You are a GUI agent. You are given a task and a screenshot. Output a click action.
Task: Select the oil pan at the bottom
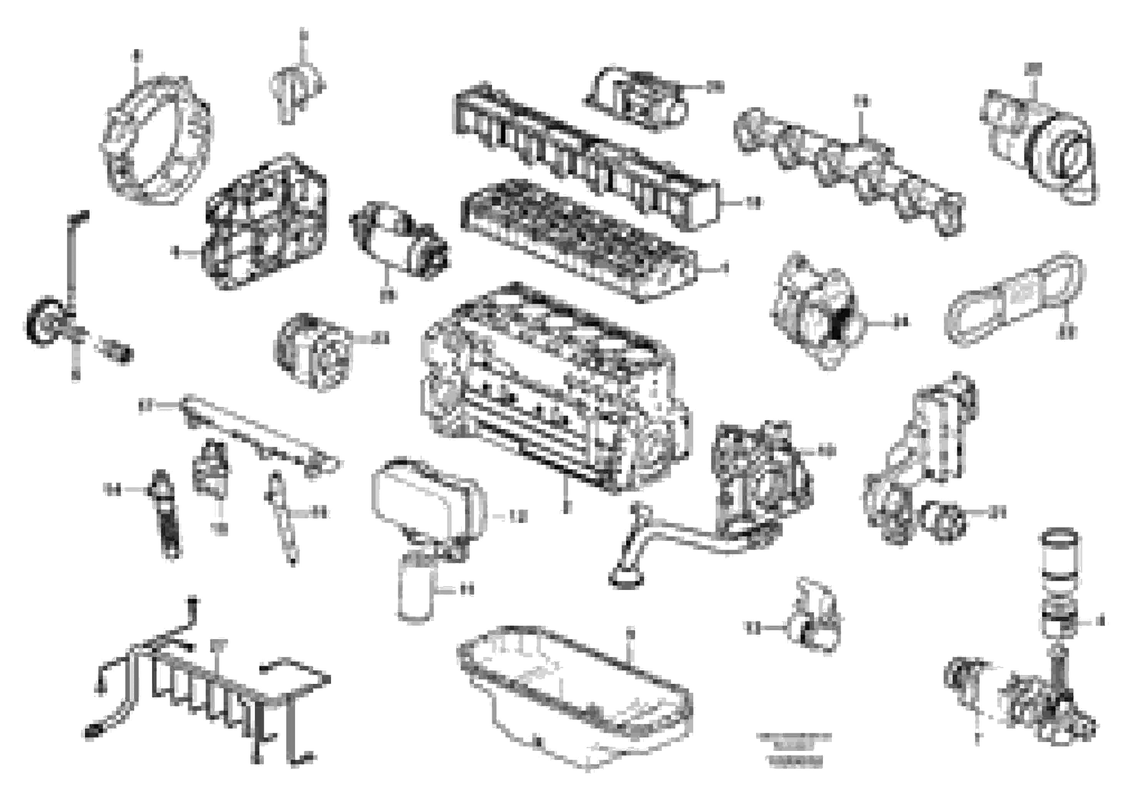click(574, 698)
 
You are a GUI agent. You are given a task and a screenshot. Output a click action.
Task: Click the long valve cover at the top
click(584, 155)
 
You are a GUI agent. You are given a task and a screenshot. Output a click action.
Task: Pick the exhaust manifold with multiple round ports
click(848, 170)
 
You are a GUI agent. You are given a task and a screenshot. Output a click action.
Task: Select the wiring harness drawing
click(209, 688)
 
